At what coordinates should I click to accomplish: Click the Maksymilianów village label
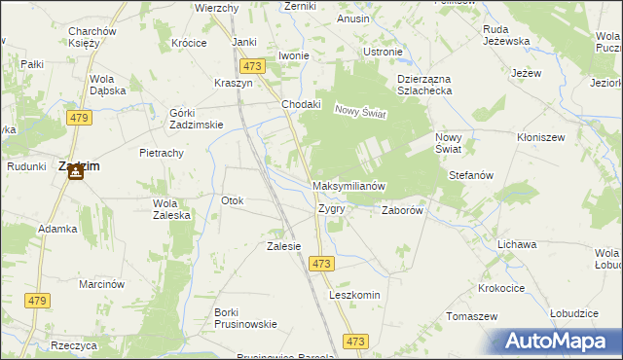coord(350,186)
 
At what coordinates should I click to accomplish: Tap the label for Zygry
coord(331,208)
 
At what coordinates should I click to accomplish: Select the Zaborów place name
coord(401,209)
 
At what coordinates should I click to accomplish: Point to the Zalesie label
coord(283,246)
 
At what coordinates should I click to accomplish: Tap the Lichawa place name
coord(517,244)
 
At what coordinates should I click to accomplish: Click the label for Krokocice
coord(502,289)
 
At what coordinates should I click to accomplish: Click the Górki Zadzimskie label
coord(197,118)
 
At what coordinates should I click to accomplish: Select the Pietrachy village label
coord(162,153)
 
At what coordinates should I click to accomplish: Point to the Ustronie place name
coord(382,52)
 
